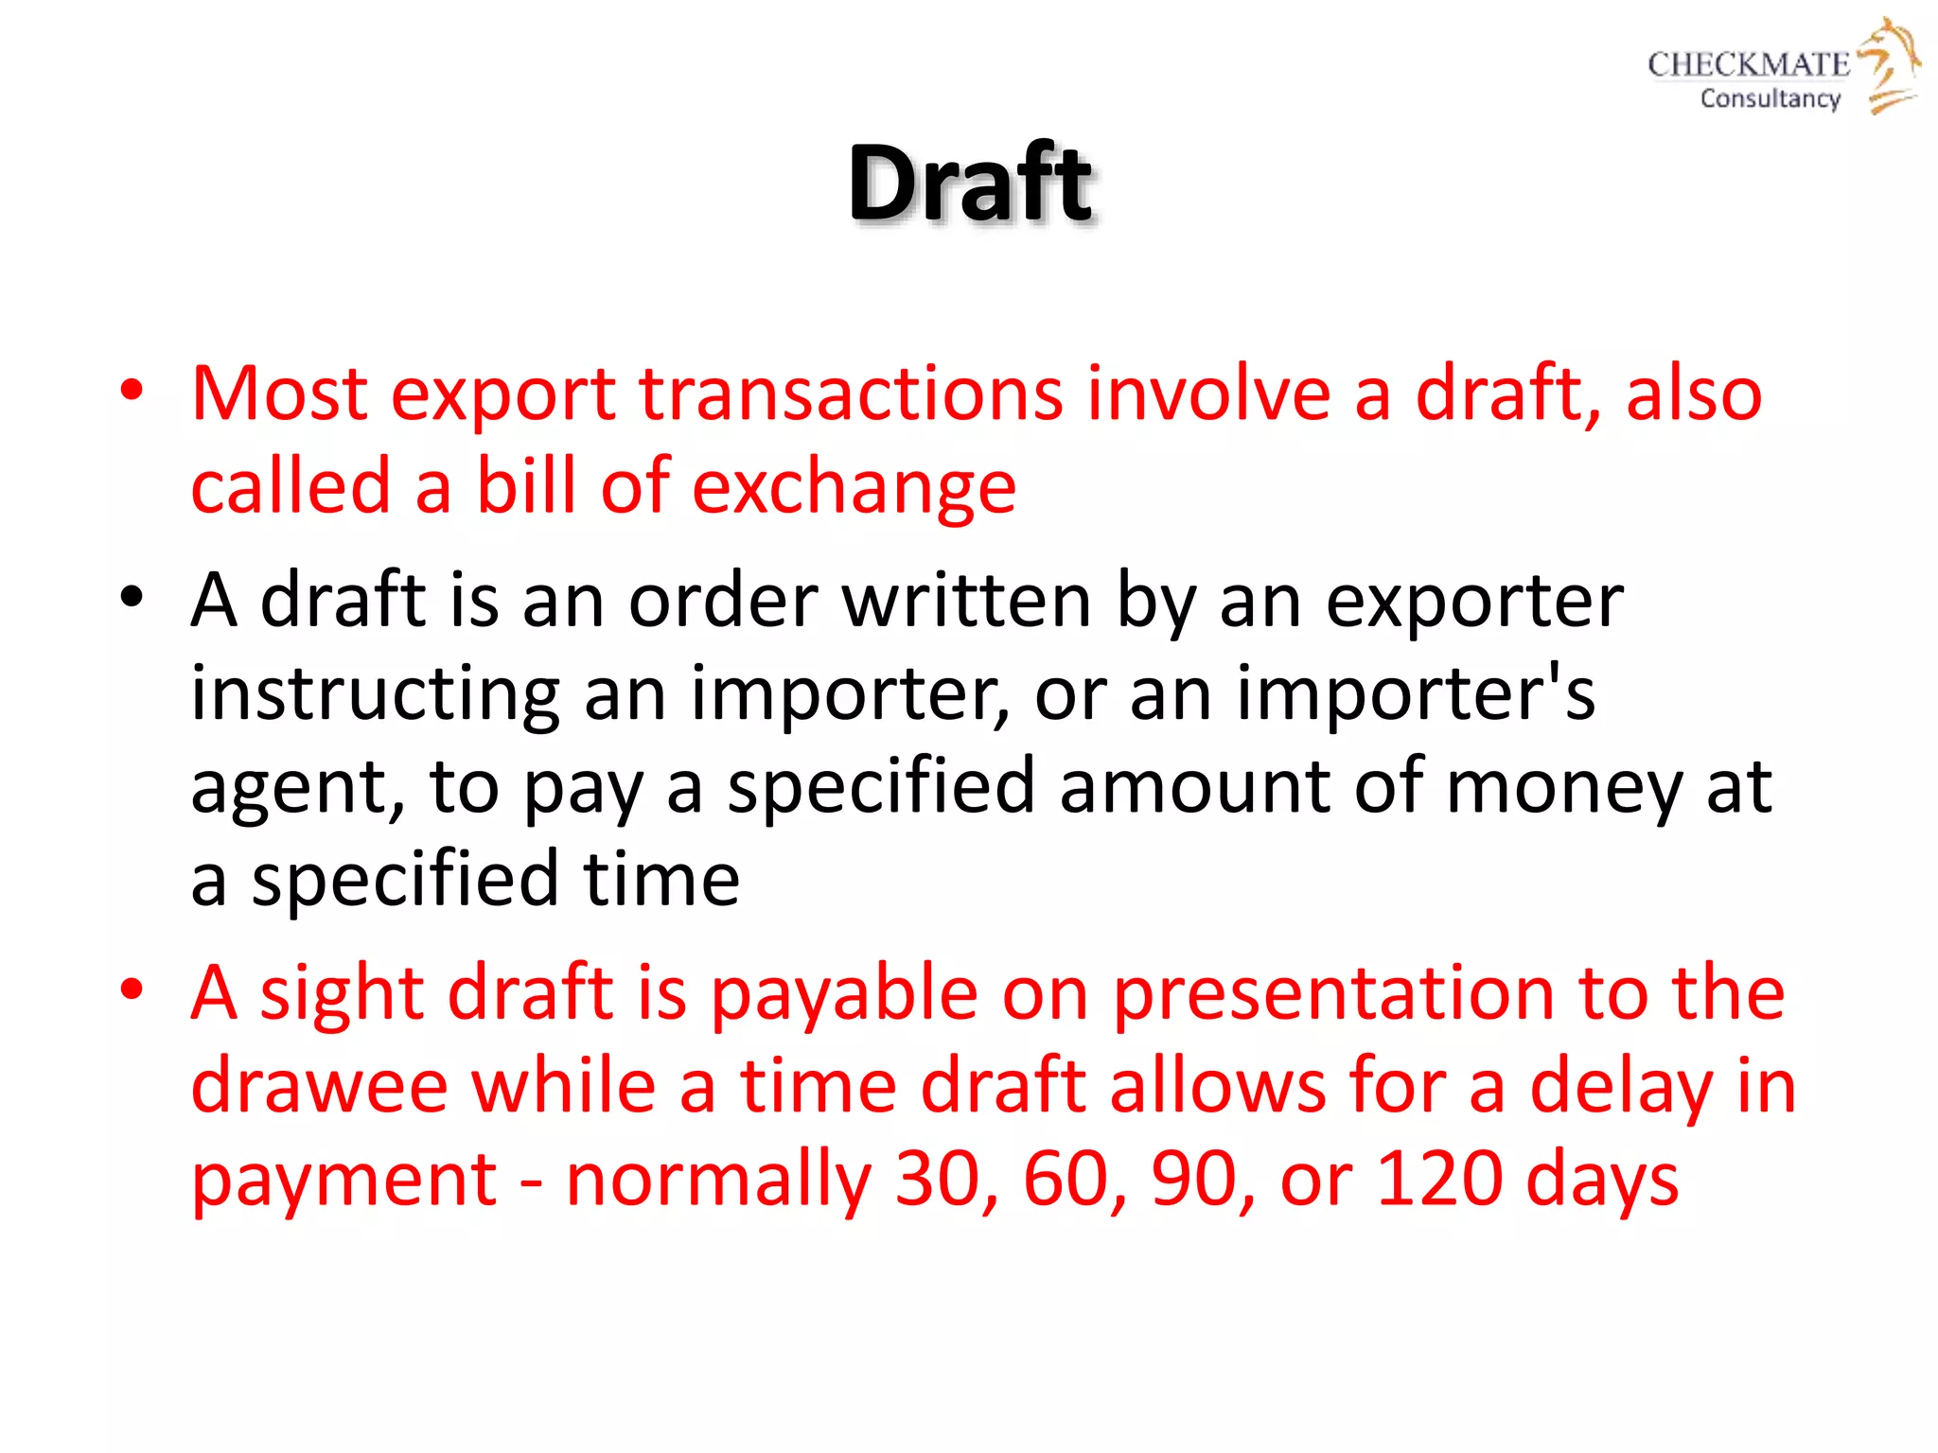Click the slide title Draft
point(970,182)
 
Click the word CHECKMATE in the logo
point(1748,64)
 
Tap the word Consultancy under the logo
point(1770,98)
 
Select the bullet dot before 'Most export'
point(132,392)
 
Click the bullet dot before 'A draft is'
point(132,599)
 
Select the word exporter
point(1474,600)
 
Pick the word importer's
point(1416,693)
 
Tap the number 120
point(1439,1179)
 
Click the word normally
point(718,1181)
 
